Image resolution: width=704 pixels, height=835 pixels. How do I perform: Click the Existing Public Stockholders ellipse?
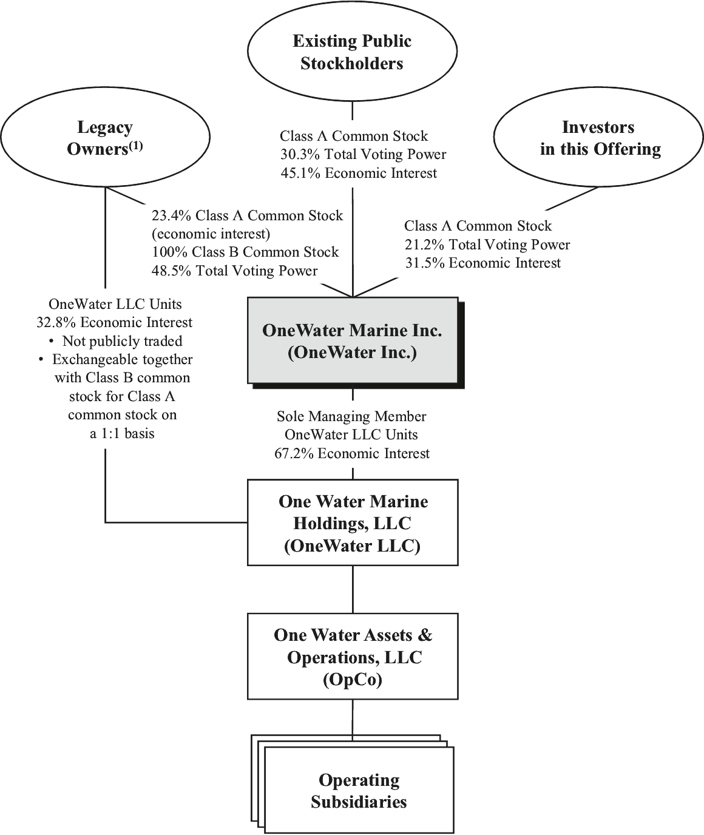tap(352, 52)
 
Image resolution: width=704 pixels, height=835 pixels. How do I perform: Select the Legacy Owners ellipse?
tap(106, 138)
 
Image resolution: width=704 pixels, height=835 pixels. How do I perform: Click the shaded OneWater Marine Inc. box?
tap(352, 340)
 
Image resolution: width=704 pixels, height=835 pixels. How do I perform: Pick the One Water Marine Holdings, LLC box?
tap(353, 522)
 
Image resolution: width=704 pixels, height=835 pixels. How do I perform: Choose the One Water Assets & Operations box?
tap(353, 656)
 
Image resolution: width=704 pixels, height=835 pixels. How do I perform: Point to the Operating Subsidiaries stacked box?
tap(359, 791)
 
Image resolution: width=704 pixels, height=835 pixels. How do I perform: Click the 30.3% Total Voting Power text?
tap(363, 155)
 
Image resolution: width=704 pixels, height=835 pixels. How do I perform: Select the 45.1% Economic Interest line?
tap(359, 174)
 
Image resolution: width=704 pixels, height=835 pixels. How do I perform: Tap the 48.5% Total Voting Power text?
tap(234, 271)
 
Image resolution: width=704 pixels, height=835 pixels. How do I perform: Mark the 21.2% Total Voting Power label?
tap(487, 245)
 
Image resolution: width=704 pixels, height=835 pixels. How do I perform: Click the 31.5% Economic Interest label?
tap(482, 263)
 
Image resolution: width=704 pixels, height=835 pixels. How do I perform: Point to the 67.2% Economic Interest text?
tap(352, 453)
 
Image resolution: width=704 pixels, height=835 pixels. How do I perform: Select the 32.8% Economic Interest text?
tap(115, 322)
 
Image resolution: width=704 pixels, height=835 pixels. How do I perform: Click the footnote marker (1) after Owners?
tap(135, 146)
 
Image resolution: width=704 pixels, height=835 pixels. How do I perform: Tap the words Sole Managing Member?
tap(352, 416)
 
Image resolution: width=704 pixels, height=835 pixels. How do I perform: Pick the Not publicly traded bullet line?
tap(115, 341)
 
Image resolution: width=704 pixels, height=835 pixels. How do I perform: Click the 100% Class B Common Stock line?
tap(245, 252)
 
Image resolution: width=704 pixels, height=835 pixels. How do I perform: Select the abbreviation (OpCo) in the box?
tap(353, 680)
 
